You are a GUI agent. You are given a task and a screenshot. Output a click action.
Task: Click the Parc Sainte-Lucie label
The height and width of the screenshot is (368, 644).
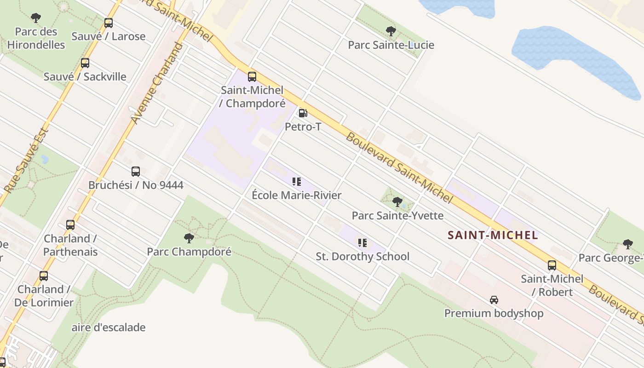(391, 45)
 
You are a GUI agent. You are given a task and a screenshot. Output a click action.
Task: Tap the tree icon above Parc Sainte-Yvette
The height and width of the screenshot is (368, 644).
(397, 201)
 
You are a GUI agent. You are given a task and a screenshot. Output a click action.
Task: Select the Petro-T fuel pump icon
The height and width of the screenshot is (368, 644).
(303, 113)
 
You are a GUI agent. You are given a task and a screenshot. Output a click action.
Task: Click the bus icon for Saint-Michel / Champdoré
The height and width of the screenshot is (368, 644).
(252, 76)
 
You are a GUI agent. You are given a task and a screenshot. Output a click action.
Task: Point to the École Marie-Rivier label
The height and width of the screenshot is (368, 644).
(297, 195)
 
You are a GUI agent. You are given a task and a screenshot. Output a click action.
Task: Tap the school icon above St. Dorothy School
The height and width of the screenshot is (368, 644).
(362, 242)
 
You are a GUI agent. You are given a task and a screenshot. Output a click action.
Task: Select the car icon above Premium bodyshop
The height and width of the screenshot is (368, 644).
(494, 300)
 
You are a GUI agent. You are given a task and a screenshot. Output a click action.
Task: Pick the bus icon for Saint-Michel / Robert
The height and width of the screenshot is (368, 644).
(552, 265)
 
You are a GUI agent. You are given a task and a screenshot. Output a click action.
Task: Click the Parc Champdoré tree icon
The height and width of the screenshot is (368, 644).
(189, 238)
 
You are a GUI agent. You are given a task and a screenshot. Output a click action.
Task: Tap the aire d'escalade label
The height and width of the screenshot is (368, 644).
(109, 328)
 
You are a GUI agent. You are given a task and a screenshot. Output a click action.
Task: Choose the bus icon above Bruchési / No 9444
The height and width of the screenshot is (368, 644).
(135, 172)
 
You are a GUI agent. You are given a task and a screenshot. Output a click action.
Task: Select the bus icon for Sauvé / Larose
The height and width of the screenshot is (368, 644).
(109, 23)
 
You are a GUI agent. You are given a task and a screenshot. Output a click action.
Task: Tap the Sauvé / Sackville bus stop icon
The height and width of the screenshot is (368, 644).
(85, 63)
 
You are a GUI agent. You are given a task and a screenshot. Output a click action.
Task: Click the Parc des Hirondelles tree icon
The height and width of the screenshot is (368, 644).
(36, 18)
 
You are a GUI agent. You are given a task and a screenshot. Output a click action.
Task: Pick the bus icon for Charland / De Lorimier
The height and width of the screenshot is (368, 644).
(44, 276)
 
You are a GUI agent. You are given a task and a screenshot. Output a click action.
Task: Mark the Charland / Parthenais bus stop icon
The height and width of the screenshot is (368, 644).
(70, 225)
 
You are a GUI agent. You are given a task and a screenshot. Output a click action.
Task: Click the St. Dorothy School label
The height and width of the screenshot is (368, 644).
(362, 256)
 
